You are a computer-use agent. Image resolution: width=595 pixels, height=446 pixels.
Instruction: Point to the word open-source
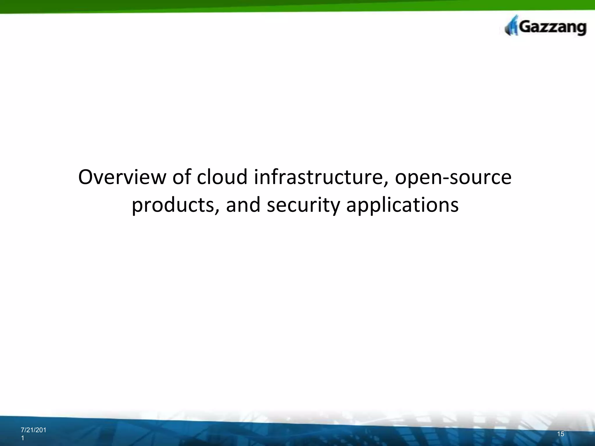click(453, 178)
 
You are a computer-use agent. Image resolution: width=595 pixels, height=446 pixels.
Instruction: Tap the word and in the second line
click(243, 205)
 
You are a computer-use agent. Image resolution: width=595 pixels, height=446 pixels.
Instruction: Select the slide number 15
click(561, 434)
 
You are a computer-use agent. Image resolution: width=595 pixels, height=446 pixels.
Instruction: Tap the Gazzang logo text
click(552, 28)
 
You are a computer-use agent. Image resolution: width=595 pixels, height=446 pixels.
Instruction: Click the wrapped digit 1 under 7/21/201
click(23, 438)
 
